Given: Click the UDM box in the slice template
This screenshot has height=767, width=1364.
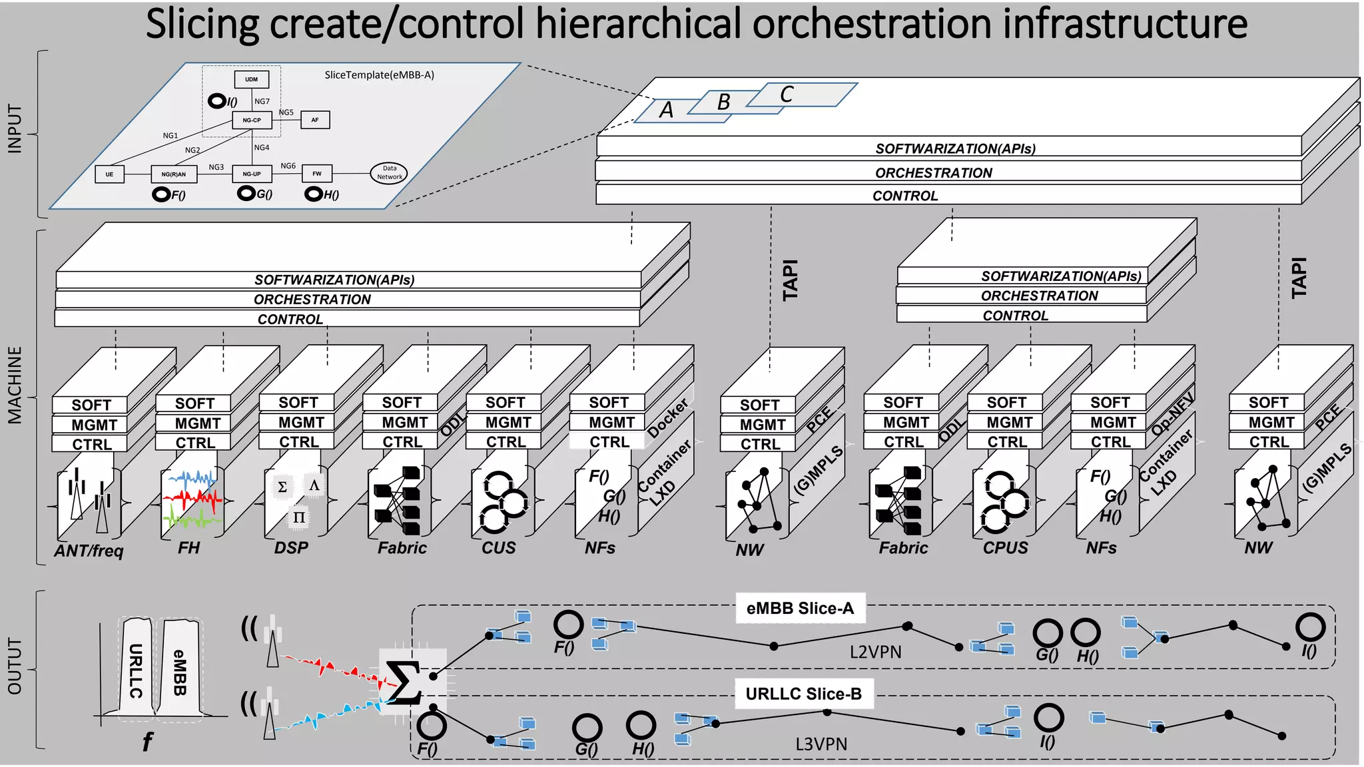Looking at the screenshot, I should click(251, 79).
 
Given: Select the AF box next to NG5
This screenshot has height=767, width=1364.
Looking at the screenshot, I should click(315, 120).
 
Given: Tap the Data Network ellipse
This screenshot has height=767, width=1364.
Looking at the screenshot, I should click(389, 173).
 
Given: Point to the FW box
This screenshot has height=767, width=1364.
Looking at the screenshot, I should click(317, 174).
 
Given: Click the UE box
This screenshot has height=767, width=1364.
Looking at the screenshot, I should click(109, 174).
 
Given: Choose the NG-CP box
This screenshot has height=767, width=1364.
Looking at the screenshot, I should click(252, 120).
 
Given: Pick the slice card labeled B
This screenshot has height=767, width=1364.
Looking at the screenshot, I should click(724, 102).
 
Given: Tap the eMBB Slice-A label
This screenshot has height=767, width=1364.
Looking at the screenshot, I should click(800, 608).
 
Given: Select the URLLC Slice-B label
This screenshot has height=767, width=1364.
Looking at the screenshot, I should click(803, 694).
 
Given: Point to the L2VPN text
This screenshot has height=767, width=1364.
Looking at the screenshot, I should click(875, 652).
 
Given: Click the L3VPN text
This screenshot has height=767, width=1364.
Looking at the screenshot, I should click(821, 744).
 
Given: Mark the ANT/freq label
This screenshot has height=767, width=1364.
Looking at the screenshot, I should click(89, 551).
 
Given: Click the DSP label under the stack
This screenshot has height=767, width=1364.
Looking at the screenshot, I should click(291, 548).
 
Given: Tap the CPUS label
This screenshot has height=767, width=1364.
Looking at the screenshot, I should click(1005, 548).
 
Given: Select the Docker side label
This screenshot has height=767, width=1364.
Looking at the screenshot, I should click(668, 417).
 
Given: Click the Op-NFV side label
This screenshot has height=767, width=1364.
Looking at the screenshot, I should click(1172, 414).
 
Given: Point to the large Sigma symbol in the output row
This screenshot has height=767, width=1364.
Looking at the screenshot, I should click(403, 682).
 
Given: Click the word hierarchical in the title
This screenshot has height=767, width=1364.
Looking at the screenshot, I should click(638, 24).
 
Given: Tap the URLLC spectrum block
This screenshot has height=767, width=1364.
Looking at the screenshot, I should click(136, 669).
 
